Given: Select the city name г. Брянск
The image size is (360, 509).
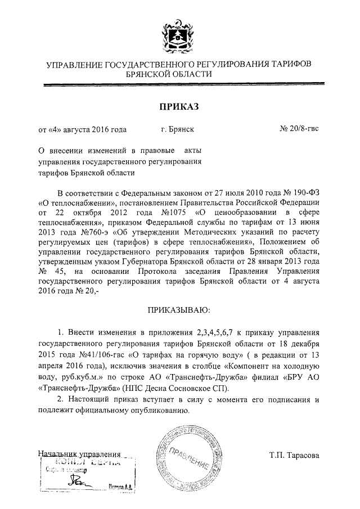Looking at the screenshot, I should pyautogui.click(x=177, y=129).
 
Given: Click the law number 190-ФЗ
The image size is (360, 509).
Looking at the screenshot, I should pyautogui.click(x=305, y=192).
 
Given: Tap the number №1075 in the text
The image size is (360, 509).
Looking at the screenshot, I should pyautogui.click(x=160, y=212).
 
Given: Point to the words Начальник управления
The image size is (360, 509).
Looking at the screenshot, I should pyautogui.click(x=79, y=453).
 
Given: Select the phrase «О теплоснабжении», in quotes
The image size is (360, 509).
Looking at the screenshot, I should pyautogui.click(x=75, y=202).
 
